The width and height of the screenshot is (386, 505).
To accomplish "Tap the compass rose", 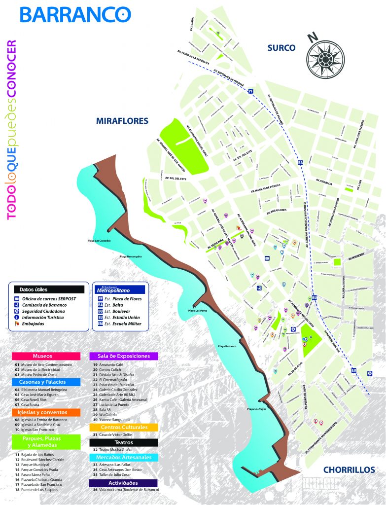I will pyautogui.click(x=326, y=58).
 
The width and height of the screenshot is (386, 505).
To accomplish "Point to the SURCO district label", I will pyautogui.click(x=281, y=48).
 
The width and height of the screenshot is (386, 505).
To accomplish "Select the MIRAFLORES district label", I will pyautogui.click(x=122, y=120).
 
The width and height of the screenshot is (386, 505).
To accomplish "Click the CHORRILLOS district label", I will pyautogui.click(x=349, y=469).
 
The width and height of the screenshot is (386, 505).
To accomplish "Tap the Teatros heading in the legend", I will pyautogui.click(x=124, y=442).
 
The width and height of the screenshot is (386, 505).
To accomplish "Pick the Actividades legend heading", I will pyautogui.click(x=124, y=483).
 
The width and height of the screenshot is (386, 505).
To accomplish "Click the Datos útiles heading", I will pyautogui.click(x=34, y=289).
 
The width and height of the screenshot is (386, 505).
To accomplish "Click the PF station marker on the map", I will pyautogui.click(x=251, y=91).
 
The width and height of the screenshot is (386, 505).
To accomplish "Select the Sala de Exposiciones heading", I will pyautogui.click(x=124, y=356).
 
